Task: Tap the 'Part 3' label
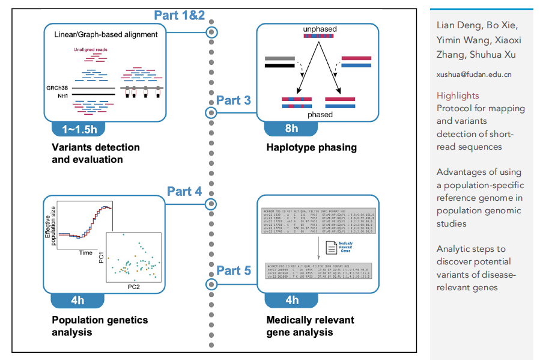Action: [x=233, y=100]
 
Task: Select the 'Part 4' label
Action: [x=184, y=192]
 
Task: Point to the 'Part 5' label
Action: [x=233, y=270]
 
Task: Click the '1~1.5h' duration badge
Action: [x=79, y=129]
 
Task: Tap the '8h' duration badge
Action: [x=291, y=129]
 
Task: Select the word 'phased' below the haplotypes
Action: [x=320, y=114]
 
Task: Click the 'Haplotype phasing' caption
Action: [x=312, y=147]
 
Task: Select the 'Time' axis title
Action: [x=86, y=253]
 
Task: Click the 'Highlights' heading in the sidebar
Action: [x=458, y=96]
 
